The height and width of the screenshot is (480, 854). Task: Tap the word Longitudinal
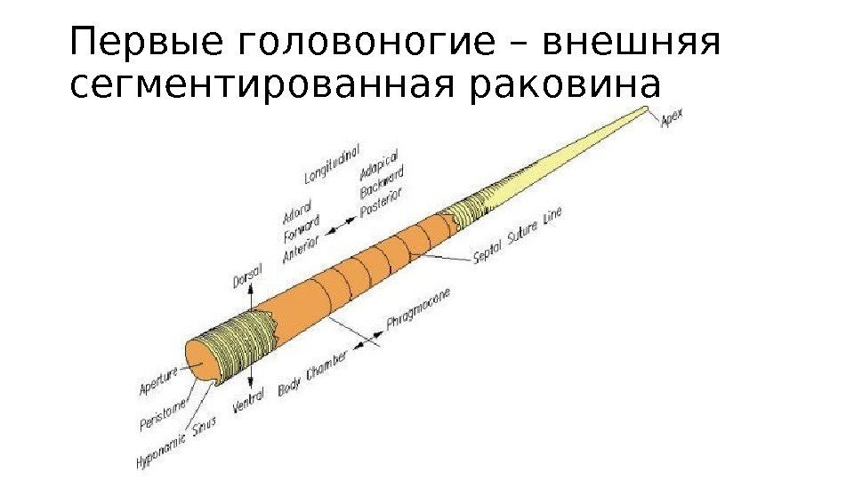pos(339,162)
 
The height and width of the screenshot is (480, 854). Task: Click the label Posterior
pos(382,205)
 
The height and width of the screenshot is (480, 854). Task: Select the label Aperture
pos(161,380)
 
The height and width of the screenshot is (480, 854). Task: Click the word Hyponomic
pos(161,452)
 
